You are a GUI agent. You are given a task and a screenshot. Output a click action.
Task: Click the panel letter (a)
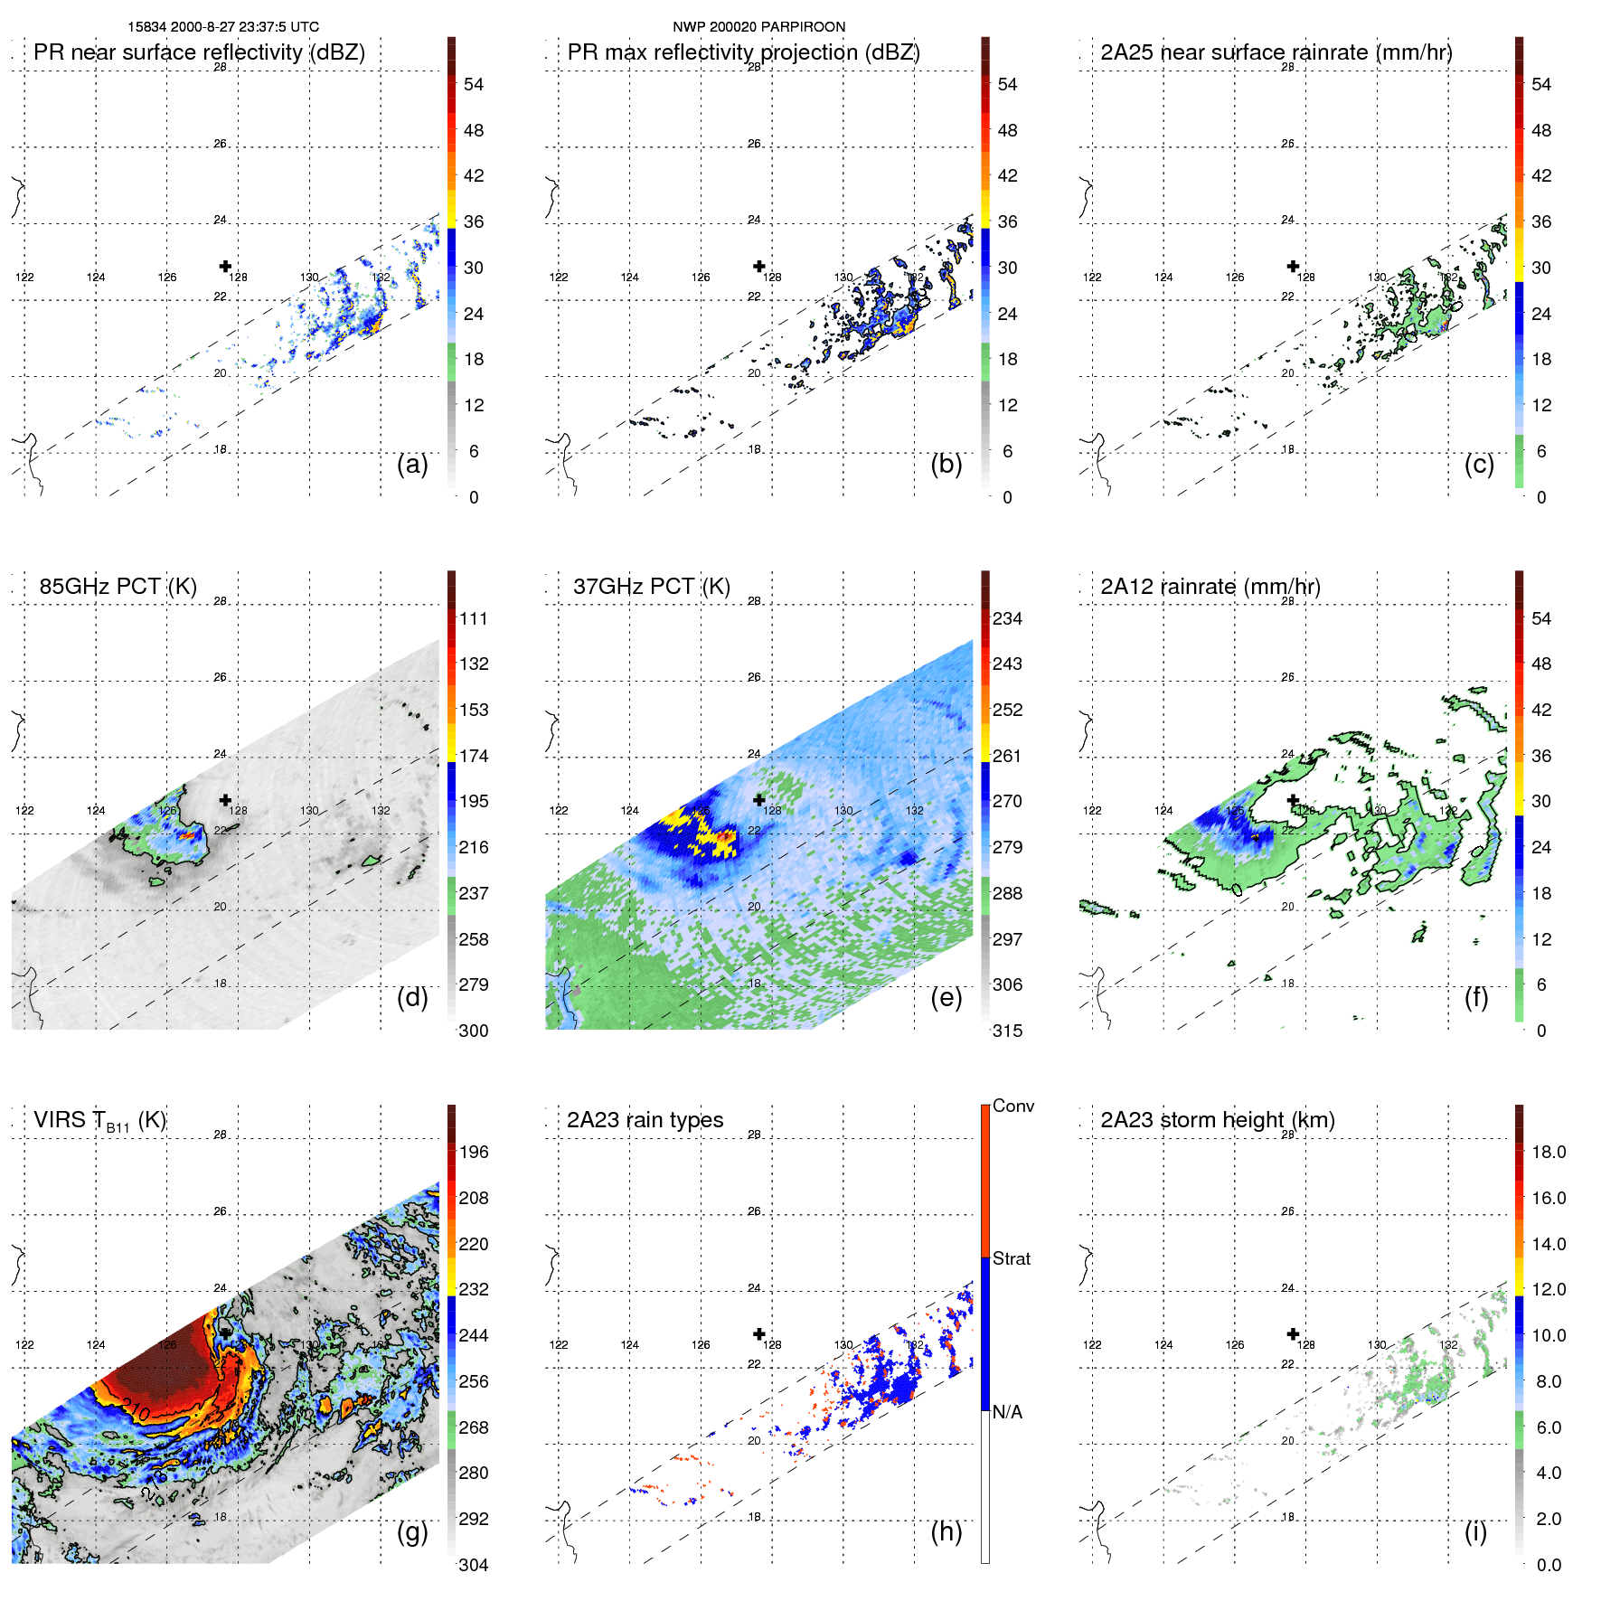tap(412, 465)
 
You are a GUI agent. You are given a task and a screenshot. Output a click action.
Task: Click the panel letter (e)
tap(946, 998)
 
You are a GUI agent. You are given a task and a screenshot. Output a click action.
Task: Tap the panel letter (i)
tap(1475, 1531)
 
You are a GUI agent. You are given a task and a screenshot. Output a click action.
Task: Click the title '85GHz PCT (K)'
tap(118, 587)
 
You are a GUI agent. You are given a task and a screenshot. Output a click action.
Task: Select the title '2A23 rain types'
tap(645, 1120)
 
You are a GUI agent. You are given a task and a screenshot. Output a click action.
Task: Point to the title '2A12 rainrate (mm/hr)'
tap(1210, 587)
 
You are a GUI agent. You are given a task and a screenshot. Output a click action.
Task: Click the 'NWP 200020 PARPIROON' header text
tap(758, 27)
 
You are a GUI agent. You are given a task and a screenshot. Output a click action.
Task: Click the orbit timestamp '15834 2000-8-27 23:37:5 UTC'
tap(223, 27)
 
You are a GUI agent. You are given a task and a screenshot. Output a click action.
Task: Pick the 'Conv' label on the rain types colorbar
tap(1012, 1107)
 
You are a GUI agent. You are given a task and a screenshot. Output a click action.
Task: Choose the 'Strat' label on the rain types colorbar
tap(1011, 1259)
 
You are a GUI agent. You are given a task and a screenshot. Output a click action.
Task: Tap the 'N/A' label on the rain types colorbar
tap(1007, 1412)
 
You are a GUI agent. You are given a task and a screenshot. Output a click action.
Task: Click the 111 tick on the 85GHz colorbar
tap(474, 619)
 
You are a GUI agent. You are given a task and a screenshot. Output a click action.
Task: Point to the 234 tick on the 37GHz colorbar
tap(1007, 619)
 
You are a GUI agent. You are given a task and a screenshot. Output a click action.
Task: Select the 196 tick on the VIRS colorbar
tap(474, 1153)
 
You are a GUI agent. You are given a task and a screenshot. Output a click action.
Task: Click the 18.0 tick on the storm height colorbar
tap(1548, 1153)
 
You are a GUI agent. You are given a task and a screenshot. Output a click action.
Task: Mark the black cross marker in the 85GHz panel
tap(225, 800)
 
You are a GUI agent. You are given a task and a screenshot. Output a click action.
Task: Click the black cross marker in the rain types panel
tap(759, 1334)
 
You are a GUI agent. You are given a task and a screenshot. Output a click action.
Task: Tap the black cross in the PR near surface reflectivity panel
tap(225, 267)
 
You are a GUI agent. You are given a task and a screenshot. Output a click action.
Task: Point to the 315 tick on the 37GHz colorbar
tap(1007, 1031)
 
